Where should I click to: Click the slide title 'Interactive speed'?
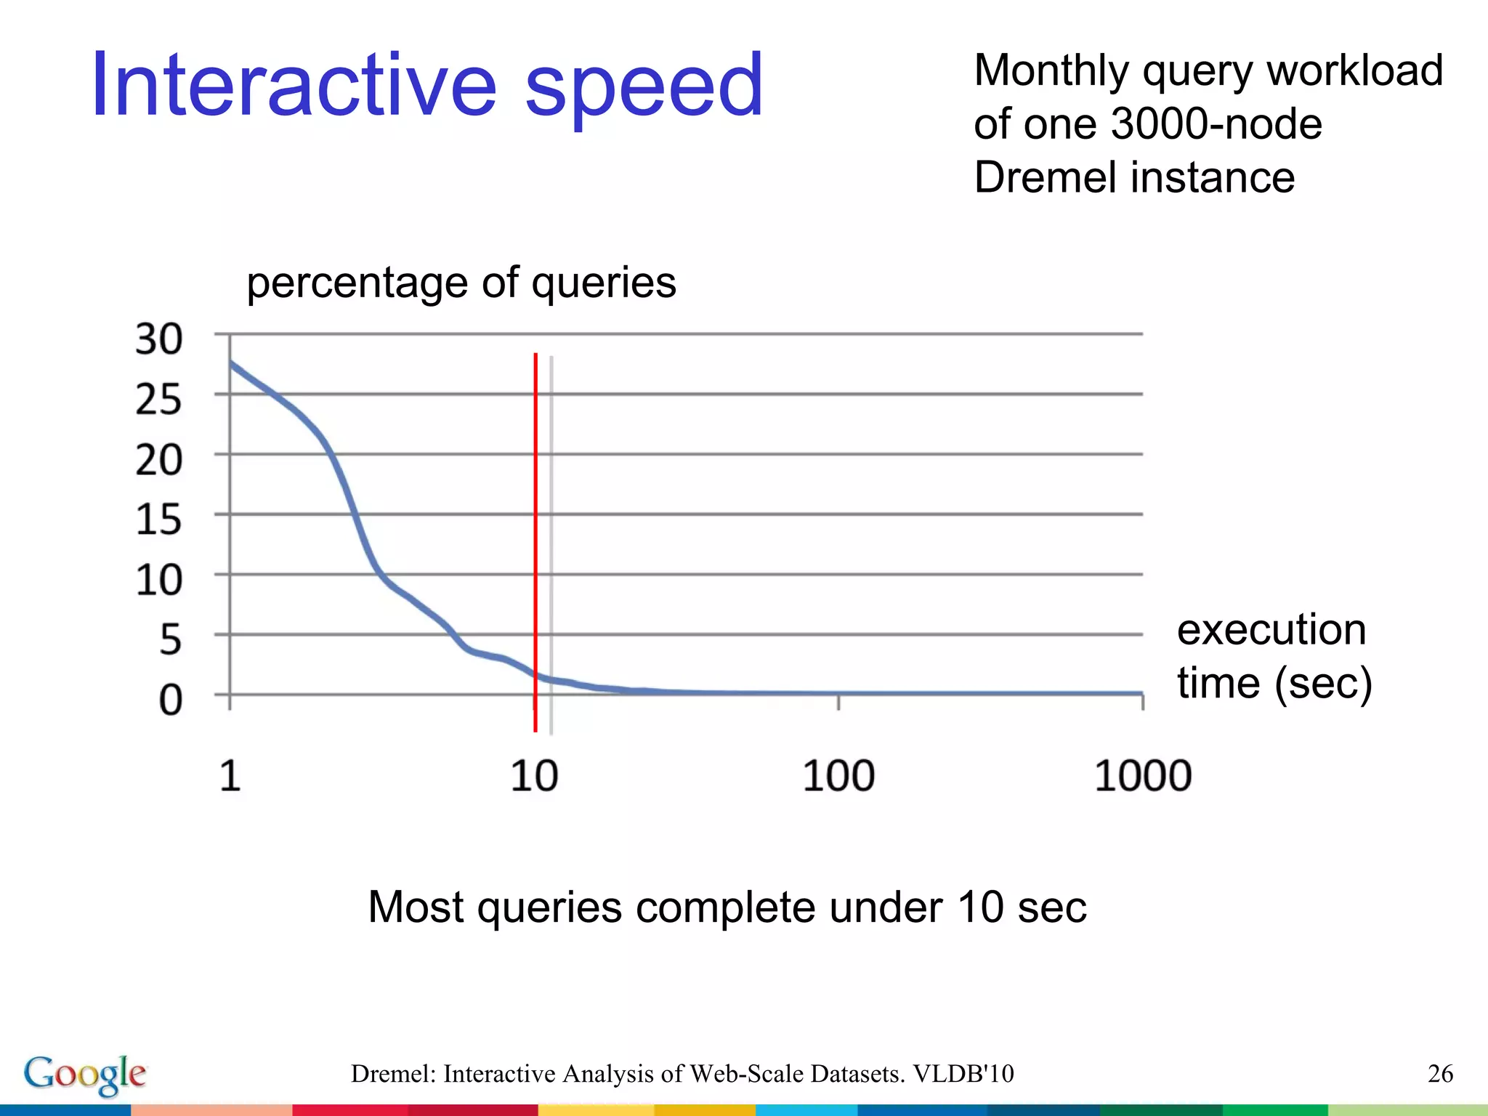427,86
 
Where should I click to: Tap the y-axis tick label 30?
158,339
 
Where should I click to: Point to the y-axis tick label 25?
158,400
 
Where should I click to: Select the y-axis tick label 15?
158,520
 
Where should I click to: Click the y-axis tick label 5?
170,640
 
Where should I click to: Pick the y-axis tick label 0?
170,700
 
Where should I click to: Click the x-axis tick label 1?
230,775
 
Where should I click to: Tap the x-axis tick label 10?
534,775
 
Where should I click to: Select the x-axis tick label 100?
838,775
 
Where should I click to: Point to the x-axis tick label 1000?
1143,775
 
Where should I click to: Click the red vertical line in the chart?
535,509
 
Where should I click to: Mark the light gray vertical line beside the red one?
551,509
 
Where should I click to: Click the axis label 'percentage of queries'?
461,283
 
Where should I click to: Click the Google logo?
85,1075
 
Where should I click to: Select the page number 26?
1440,1073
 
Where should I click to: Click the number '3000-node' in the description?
1216,124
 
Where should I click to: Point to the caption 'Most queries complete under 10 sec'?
727,907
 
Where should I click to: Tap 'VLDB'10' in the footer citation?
963,1073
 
